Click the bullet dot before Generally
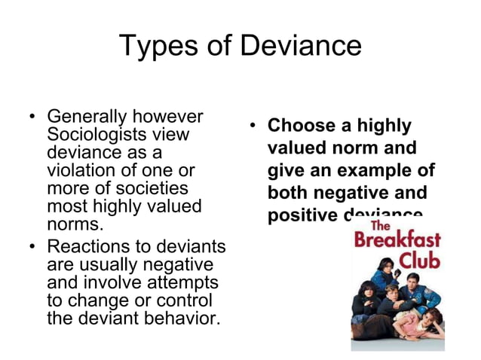[x=32, y=118]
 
